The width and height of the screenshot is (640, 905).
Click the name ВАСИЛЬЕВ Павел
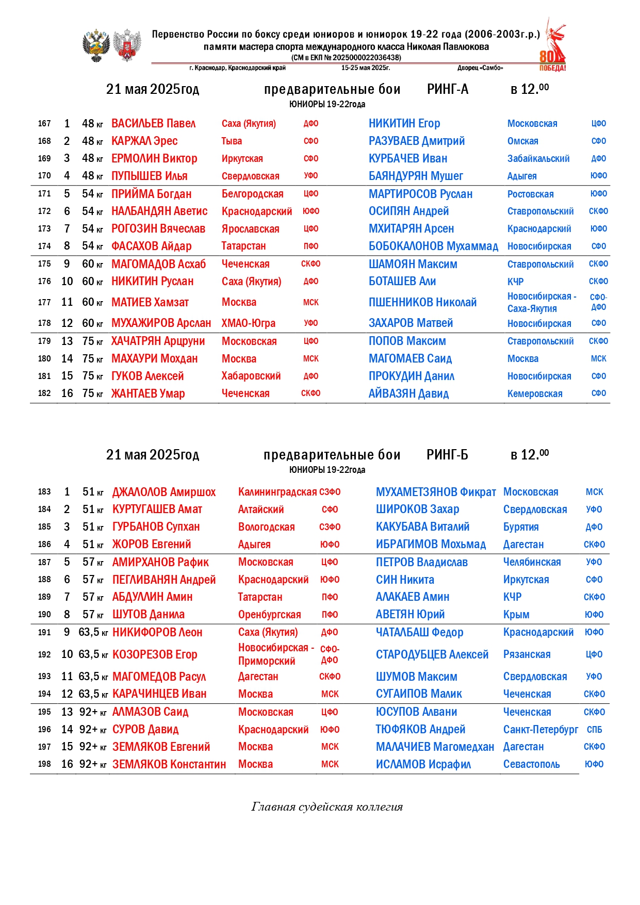tap(153, 124)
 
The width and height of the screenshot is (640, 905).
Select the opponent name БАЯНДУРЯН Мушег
tap(416, 176)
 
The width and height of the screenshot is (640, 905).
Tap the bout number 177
tap(44, 303)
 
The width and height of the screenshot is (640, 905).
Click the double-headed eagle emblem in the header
tap(96, 46)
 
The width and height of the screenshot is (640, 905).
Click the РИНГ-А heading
tap(447, 90)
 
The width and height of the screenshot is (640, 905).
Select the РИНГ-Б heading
tap(447, 455)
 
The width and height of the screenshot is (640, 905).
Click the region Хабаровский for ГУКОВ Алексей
tap(251, 376)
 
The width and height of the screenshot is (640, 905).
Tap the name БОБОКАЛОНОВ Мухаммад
tap(433, 246)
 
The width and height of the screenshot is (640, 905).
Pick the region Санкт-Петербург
tap(540, 730)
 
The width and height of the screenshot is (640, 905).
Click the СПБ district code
tap(594, 730)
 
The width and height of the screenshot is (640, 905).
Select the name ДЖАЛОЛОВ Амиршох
tap(164, 492)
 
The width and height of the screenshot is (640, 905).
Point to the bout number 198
tap(44, 764)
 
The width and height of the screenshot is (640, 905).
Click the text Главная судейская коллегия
tap(327, 807)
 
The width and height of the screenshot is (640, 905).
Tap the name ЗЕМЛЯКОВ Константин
tap(169, 764)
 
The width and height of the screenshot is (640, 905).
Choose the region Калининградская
tap(277, 492)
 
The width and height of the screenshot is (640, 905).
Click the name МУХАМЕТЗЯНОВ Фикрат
tap(436, 492)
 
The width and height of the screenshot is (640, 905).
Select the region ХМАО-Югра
tap(249, 323)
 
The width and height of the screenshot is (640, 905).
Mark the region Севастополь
tap(531, 764)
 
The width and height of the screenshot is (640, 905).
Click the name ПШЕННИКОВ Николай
tap(422, 303)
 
